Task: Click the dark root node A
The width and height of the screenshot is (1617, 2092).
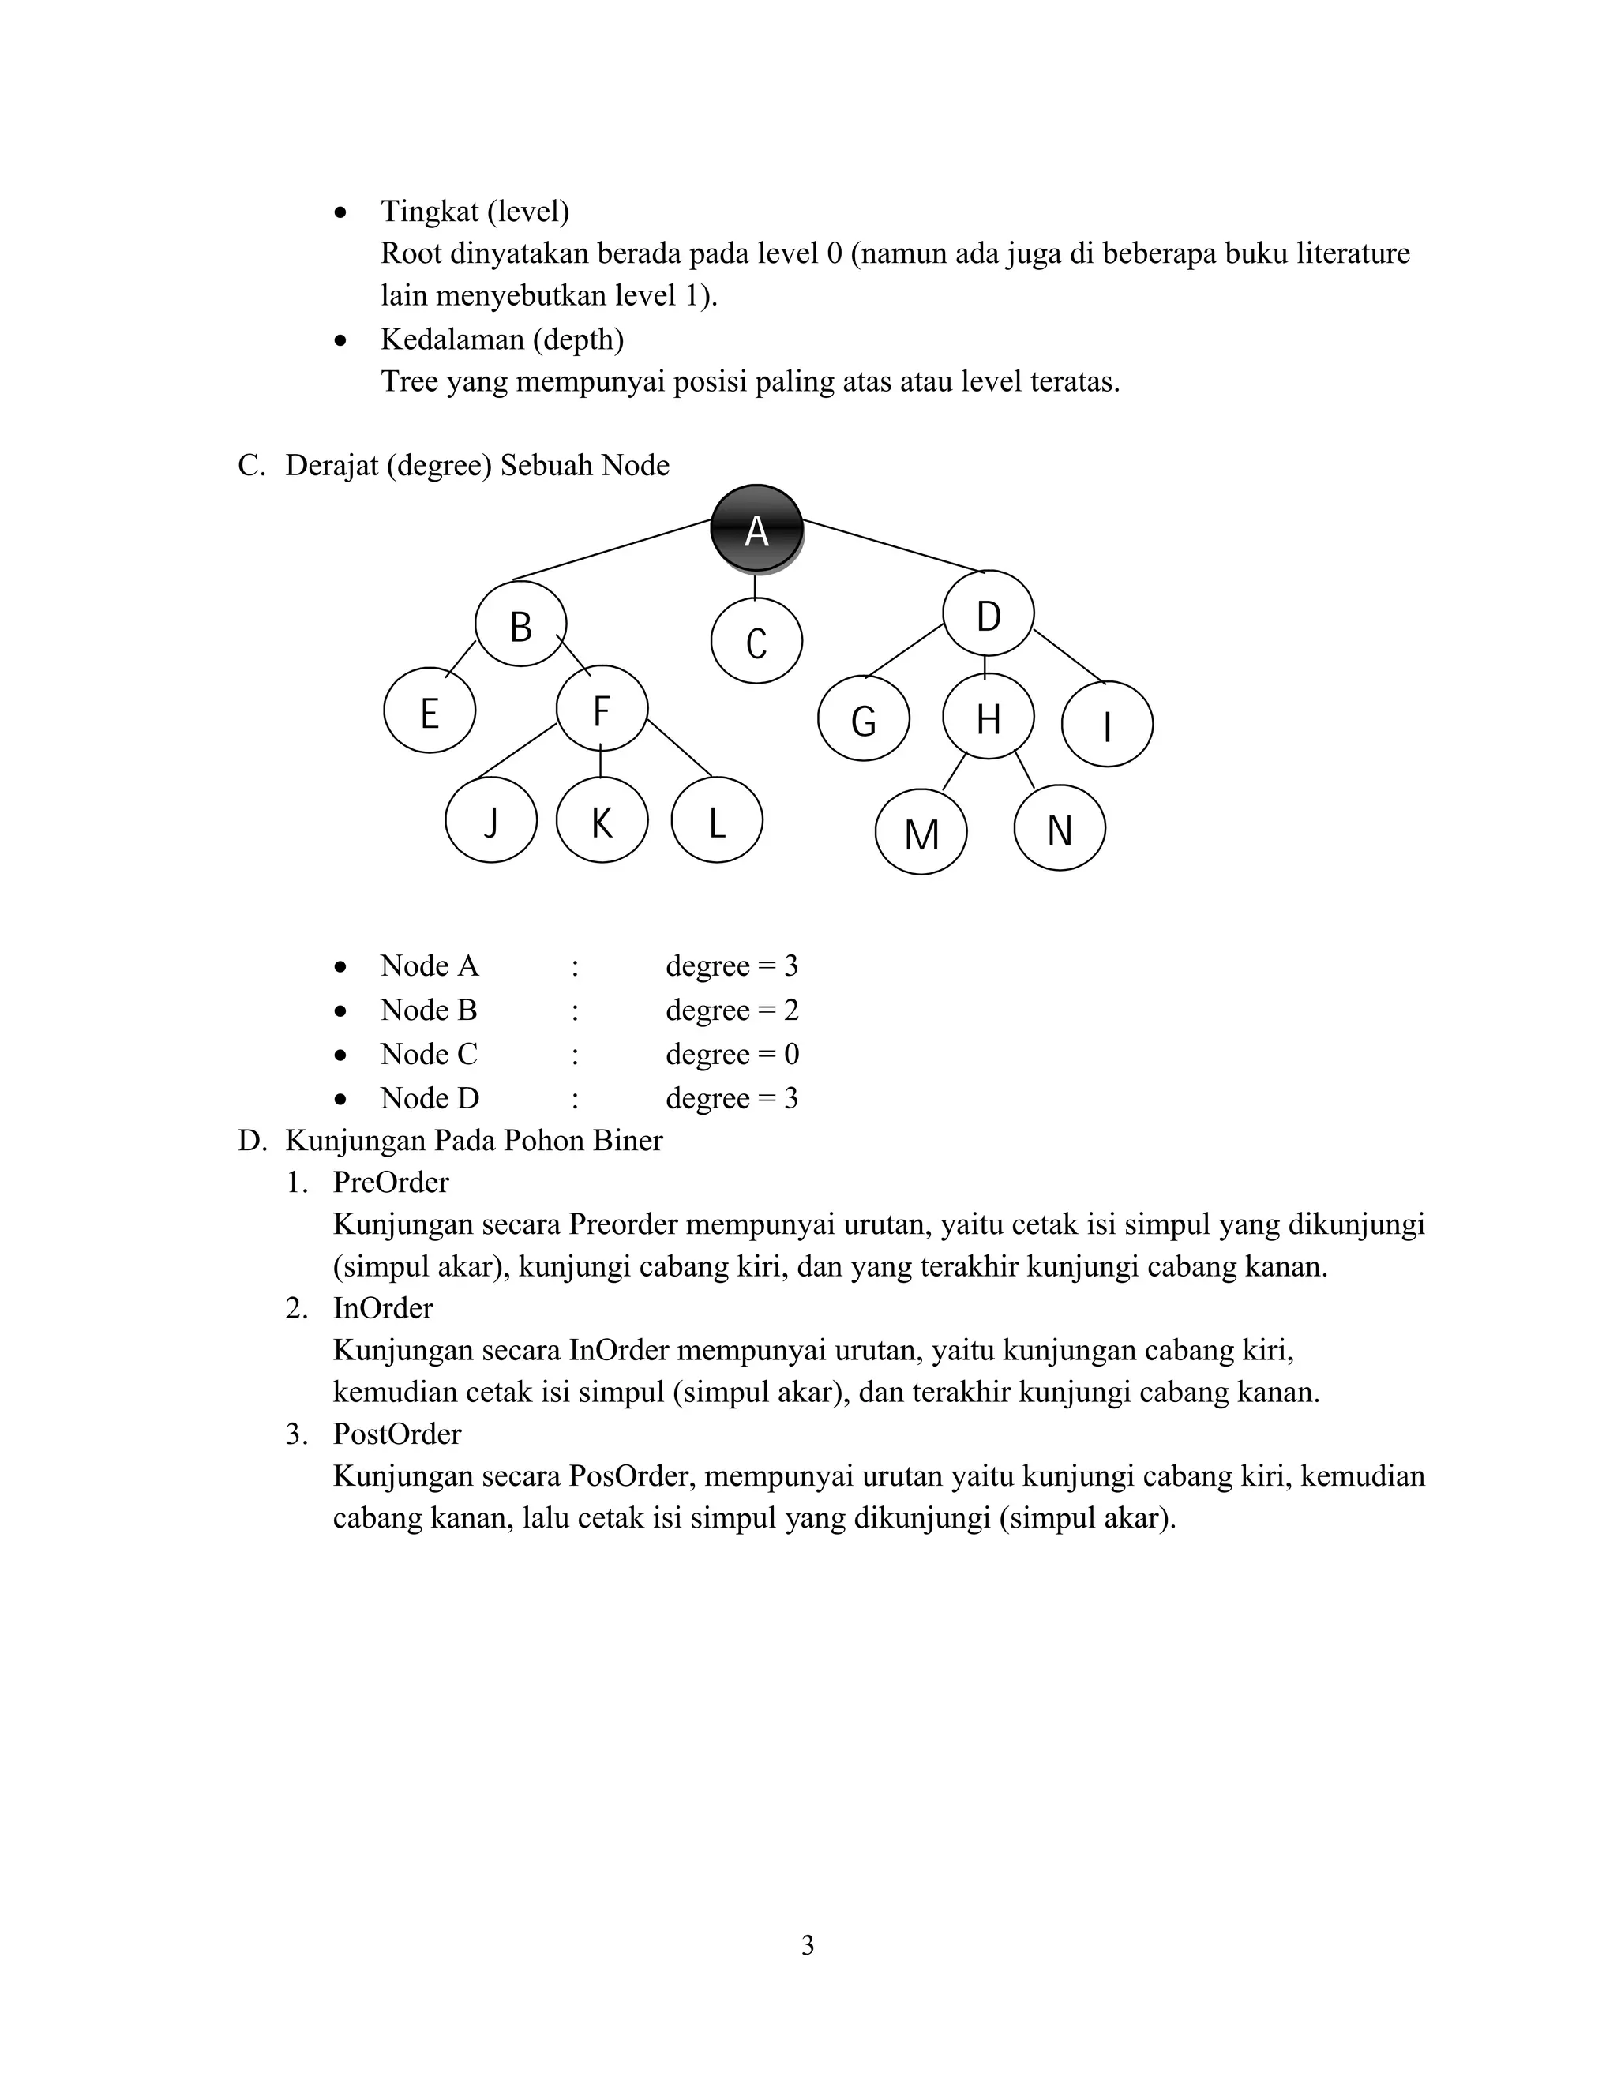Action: pos(756,530)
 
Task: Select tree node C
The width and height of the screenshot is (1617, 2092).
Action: pos(756,641)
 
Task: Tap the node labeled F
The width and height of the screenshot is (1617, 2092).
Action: pos(602,710)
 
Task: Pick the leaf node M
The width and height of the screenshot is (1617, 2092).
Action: pos(921,832)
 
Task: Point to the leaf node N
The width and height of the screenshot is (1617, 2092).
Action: pos(1059,829)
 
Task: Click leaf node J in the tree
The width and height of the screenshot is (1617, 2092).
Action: pos(490,821)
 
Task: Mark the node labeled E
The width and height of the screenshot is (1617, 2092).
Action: pos(430,712)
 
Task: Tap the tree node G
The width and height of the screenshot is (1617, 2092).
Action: pos(863,719)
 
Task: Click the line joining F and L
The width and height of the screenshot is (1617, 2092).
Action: pos(679,748)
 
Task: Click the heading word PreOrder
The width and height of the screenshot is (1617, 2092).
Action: pos(391,1182)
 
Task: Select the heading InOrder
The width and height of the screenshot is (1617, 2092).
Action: pos(383,1307)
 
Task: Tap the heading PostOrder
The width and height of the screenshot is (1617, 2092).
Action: pos(396,1433)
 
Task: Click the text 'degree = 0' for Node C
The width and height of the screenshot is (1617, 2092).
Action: pos(732,1054)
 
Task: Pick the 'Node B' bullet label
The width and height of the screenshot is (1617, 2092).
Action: pos(428,1010)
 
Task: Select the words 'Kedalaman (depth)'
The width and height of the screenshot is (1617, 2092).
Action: pos(502,339)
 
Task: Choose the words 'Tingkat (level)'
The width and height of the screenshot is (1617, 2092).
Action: pos(475,211)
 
